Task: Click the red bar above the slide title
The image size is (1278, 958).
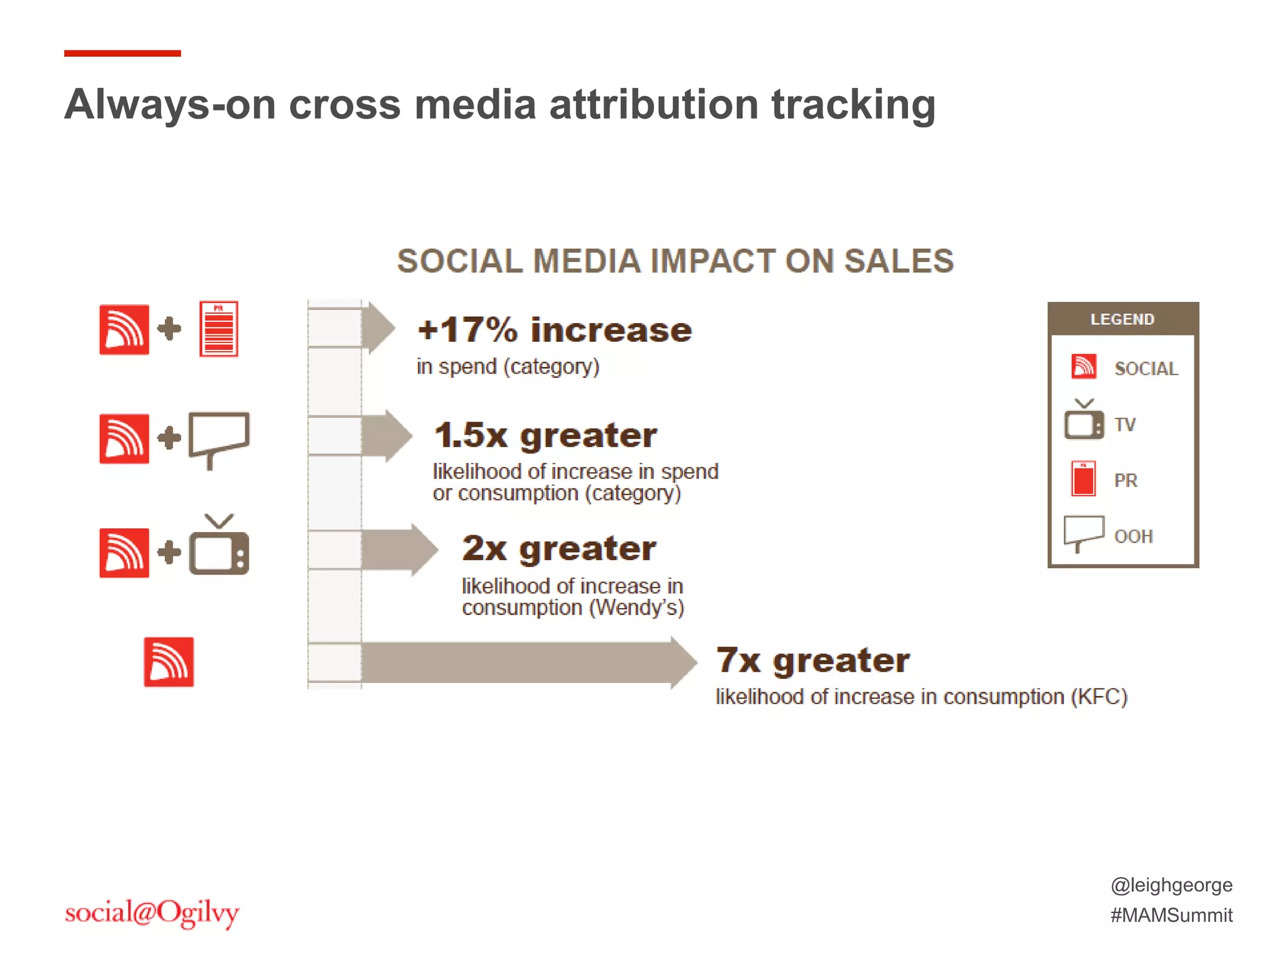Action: [122, 54]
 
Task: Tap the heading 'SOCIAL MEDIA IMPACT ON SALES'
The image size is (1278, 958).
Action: [675, 261]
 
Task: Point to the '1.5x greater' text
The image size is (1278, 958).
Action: [545, 435]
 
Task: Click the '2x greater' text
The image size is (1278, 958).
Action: [559, 548]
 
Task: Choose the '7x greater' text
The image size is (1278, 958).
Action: [812, 660]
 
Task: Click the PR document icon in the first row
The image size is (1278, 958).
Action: [218, 329]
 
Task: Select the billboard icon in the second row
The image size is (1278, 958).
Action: [219, 437]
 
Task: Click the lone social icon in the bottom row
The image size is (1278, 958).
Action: [168, 662]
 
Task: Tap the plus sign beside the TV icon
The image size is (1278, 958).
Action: [169, 553]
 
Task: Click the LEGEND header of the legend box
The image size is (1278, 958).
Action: [1123, 319]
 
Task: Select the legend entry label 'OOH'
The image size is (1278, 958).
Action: [1133, 536]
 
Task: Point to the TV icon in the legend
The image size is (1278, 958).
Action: [1083, 421]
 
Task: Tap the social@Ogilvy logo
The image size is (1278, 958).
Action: [152, 913]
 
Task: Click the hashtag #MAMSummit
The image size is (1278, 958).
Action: [1171, 915]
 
